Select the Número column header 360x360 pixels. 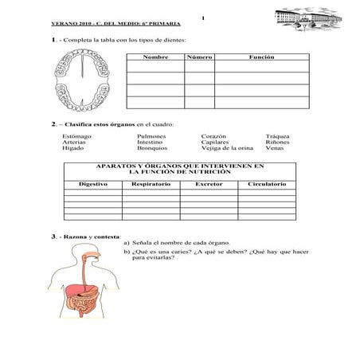(199, 58)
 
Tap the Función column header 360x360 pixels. (261, 58)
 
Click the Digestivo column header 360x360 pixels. (93, 184)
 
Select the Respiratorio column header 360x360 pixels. (151, 184)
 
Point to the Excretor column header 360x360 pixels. (209, 184)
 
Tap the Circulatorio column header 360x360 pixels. (267, 184)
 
